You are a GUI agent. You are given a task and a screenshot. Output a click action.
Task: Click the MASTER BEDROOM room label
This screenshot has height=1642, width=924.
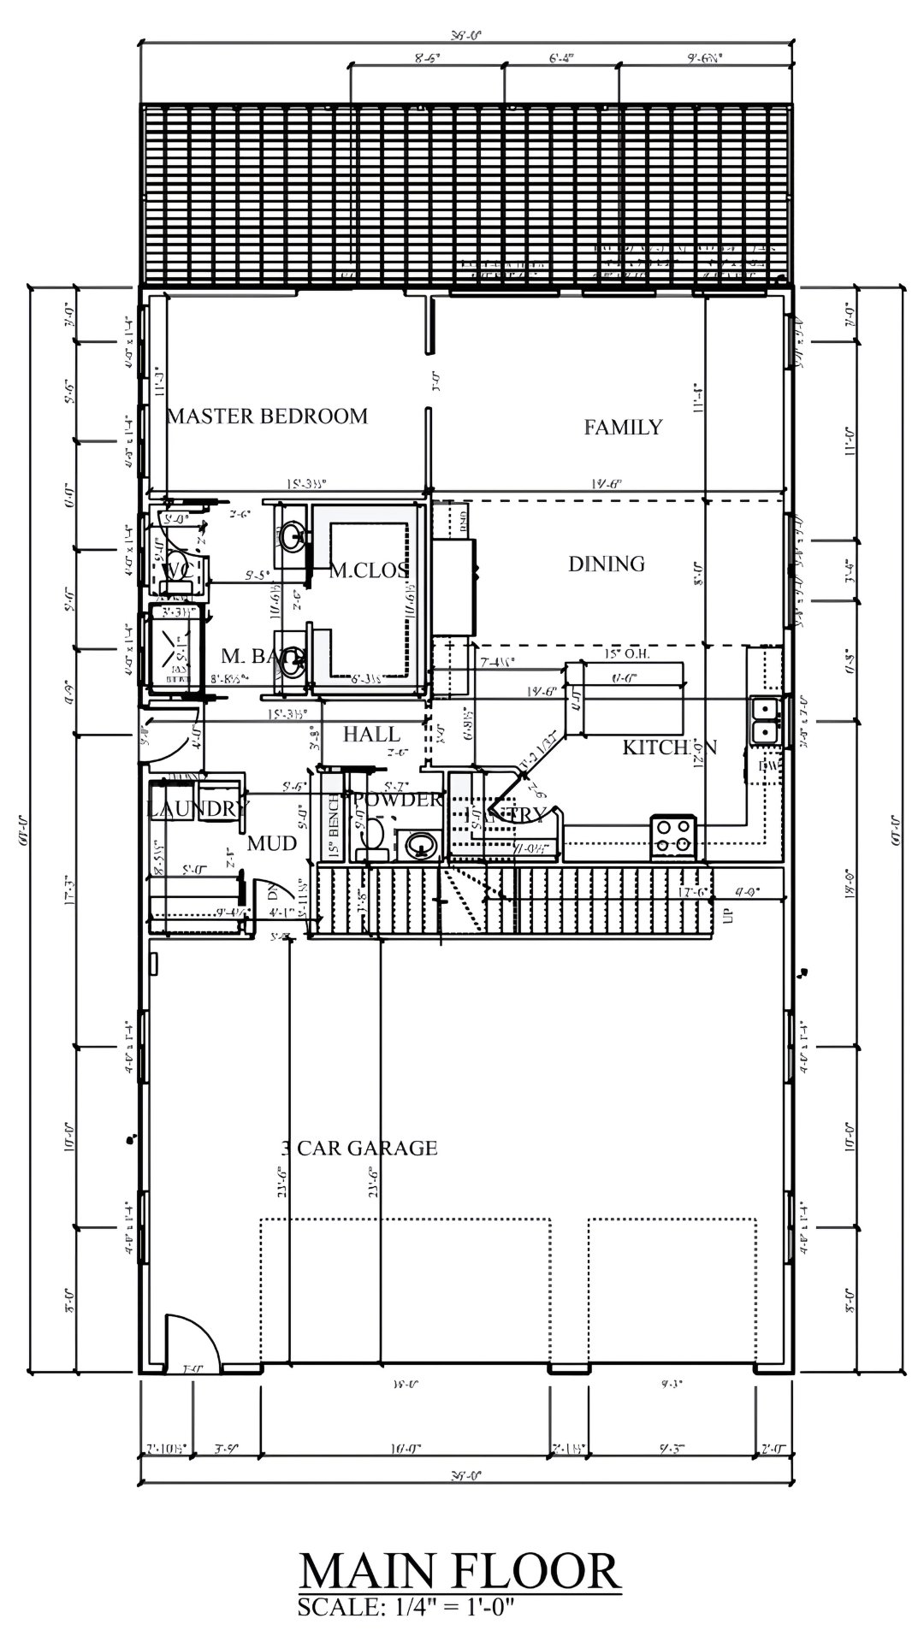(x=267, y=416)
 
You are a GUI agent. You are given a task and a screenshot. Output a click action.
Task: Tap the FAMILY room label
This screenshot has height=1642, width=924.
(x=623, y=427)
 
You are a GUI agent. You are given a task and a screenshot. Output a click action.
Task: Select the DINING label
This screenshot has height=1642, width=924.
(x=607, y=564)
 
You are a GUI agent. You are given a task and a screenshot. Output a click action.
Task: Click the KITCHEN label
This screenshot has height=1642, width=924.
(x=669, y=747)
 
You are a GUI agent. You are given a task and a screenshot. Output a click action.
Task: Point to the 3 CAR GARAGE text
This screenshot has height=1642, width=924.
(x=359, y=1148)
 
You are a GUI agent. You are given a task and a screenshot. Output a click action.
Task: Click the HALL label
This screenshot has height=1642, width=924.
(x=371, y=734)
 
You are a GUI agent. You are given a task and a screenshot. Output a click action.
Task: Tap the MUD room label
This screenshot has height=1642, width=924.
(x=272, y=843)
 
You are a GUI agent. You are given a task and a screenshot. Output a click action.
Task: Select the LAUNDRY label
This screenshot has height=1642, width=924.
(x=197, y=808)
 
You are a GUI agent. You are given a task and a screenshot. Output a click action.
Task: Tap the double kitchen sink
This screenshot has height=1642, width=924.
(x=764, y=720)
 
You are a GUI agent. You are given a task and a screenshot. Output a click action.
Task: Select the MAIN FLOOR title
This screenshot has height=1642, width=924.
(x=459, y=1571)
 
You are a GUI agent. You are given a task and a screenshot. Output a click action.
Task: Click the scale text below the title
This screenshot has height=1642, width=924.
(x=406, y=1607)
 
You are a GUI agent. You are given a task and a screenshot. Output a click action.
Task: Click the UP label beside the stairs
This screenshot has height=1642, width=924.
(x=729, y=916)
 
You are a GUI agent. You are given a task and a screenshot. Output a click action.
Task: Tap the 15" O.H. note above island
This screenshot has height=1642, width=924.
(x=626, y=654)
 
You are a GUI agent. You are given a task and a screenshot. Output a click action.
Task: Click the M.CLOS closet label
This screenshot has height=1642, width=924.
(x=369, y=570)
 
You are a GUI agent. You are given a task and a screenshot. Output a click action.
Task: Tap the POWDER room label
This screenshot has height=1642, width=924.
(x=397, y=800)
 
